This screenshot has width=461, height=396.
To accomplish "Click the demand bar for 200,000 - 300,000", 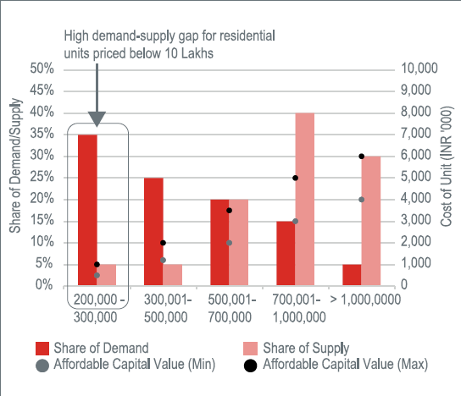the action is pyautogui.click(x=87, y=210).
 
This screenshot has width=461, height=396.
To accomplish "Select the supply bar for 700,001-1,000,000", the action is pyautogui.click(x=305, y=199).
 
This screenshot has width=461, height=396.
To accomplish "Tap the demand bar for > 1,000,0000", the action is pyautogui.click(x=352, y=275).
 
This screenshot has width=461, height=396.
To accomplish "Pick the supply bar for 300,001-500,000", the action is pyautogui.click(x=173, y=275).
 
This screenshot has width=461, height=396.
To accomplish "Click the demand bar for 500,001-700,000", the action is pyautogui.click(x=219, y=243).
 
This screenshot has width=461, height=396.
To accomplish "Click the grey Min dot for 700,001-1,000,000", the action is pyautogui.click(x=296, y=222).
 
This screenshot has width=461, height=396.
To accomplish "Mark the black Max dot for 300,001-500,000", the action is pyautogui.click(x=164, y=243).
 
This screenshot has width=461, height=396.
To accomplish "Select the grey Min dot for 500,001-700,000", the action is pyautogui.click(x=230, y=243).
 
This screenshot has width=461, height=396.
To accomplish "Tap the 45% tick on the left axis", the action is pyautogui.click(x=42, y=91).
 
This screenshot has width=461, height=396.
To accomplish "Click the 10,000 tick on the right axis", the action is pyautogui.click(x=419, y=68).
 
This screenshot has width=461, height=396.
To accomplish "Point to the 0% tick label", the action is pyautogui.click(x=45, y=285).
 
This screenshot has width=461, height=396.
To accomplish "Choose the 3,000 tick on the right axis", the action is pyautogui.click(x=416, y=220).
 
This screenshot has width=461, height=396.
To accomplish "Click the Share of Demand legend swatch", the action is pyautogui.click(x=42, y=349).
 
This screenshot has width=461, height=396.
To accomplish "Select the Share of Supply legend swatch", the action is pyautogui.click(x=250, y=349).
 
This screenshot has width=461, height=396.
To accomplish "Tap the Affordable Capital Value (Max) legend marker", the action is pyautogui.click(x=251, y=366).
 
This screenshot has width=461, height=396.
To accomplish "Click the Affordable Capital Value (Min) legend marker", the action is pyautogui.click(x=42, y=366).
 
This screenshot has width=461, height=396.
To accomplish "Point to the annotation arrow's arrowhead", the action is pyautogui.click(x=97, y=119).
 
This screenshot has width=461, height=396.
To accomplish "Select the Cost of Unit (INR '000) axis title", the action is pyautogui.click(x=446, y=166).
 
